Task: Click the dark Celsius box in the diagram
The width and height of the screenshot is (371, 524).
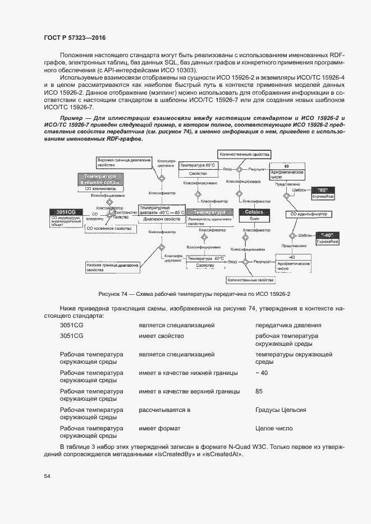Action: coord(254,212)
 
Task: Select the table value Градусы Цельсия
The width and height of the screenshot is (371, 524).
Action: coord(281,410)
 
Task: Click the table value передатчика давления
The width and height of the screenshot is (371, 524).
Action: coord(288,326)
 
